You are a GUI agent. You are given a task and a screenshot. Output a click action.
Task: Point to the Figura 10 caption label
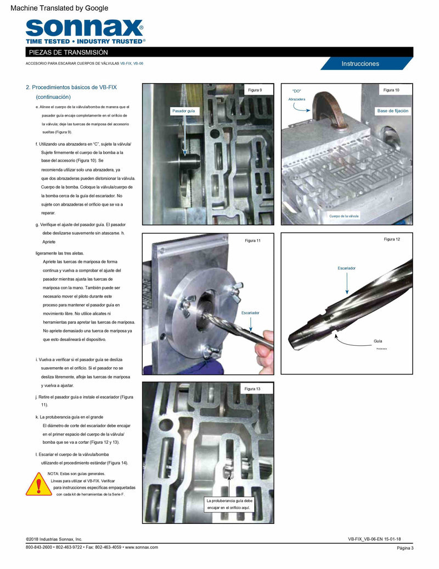[391, 90]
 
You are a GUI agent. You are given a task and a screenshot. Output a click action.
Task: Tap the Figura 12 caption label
[392, 239]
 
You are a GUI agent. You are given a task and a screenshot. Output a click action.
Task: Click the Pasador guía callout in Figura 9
[183, 111]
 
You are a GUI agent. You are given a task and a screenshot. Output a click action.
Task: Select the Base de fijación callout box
[392, 111]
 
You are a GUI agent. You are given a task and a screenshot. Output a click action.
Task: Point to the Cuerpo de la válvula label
[344, 216]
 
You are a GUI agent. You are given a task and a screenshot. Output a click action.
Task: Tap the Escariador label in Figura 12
[346, 268]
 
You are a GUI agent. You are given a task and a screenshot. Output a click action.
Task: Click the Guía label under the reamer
[378, 341]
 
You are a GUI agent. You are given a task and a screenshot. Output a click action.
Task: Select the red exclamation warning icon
[38, 485]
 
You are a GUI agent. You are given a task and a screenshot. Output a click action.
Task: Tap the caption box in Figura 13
[229, 504]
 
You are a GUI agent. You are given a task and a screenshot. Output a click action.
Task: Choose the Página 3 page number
[405, 548]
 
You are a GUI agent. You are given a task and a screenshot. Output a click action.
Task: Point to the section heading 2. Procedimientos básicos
[71, 87]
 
